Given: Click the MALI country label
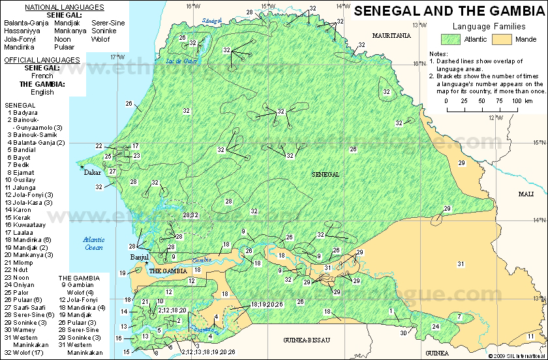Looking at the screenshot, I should click(525, 194).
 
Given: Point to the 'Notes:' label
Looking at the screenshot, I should click(438, 54).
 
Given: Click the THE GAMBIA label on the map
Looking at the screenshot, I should click(168, 270).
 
